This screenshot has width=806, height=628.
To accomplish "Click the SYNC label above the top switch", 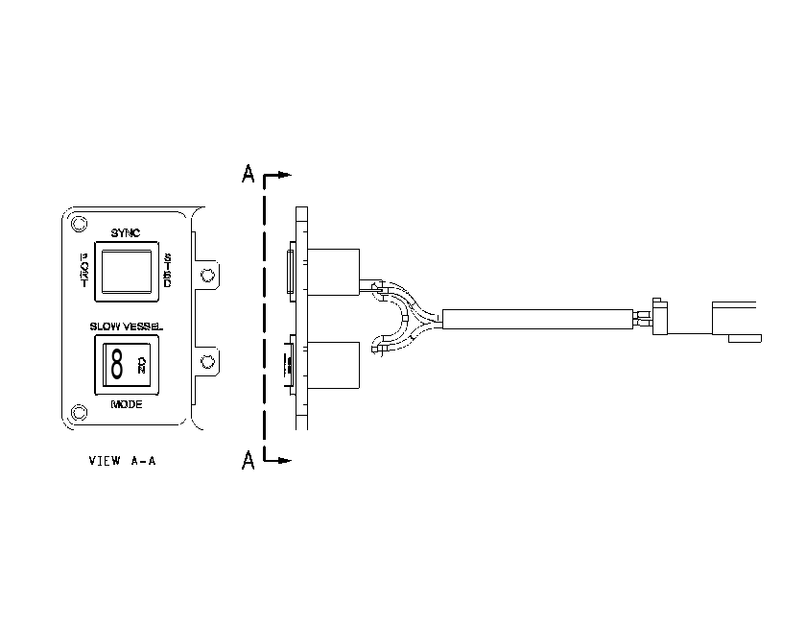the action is pos(126,233).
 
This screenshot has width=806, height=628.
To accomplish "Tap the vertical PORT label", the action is pos(83,270).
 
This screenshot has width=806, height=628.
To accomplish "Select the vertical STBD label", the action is pos(168,270).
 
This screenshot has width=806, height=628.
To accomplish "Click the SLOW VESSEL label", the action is pos(127,326).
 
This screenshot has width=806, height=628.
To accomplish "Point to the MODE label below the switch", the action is pos(127,404).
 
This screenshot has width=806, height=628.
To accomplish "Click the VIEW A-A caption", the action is pos(123,461).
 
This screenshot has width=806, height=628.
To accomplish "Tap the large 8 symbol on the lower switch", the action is pos(117,365).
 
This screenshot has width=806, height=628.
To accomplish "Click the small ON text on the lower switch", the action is pos(141,365).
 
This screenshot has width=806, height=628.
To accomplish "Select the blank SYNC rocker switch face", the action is pos(127,271).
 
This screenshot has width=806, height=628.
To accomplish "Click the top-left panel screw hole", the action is pos(79,224).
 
